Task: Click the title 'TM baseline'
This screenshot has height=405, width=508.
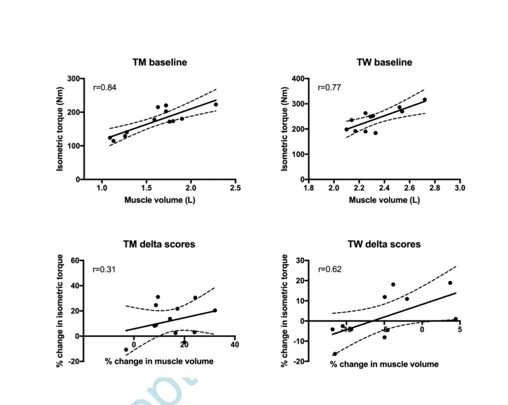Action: coord(159,62)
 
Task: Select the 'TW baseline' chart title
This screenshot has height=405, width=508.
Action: coord(384,62)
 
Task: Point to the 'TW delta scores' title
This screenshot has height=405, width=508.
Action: coord(384,244)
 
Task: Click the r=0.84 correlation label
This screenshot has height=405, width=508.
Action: coord(105,88)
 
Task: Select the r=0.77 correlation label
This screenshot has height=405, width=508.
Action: coord(329,88)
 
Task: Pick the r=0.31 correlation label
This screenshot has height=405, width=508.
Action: coord(104,270)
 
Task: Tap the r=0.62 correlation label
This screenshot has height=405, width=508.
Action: coord(329,270)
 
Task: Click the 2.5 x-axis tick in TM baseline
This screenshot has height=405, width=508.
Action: coord(236,188)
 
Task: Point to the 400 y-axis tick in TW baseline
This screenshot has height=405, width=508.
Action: coord(297,79)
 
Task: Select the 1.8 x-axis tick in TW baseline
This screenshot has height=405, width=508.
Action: coord(309,188)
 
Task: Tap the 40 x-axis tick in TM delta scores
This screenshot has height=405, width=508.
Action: coord(235,345)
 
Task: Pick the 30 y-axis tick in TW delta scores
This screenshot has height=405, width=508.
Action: coord(299,260)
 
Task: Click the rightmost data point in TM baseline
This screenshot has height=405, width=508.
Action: coord(216,105)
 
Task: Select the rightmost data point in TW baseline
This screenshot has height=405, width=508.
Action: coord(425,100)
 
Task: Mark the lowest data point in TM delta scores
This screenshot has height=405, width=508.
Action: coord(126,349)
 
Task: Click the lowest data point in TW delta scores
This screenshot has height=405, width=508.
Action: coord(335,354)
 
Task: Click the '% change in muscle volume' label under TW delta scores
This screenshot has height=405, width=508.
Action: coord(384,364)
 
